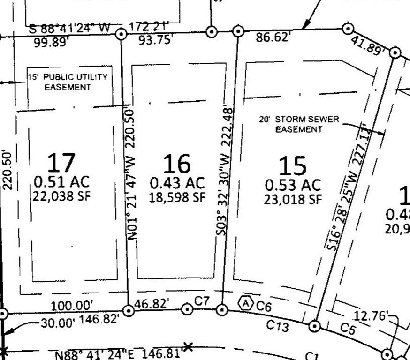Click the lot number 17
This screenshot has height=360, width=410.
coord(61,162)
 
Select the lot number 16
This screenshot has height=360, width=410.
coord(177,164)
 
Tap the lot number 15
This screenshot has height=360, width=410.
coord(292,166)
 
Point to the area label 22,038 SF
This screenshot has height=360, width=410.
coord(61,195)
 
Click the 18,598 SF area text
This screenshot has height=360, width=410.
coord(177,197)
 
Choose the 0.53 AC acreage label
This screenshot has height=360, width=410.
coord(293,184)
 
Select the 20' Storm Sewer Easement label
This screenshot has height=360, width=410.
coord(299,124)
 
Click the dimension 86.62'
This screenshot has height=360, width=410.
coord(272,37)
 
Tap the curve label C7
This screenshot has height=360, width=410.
coord(202,301)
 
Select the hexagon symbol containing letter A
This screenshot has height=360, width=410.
coord(245,303)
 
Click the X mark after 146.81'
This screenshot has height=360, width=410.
coord(188,347)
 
